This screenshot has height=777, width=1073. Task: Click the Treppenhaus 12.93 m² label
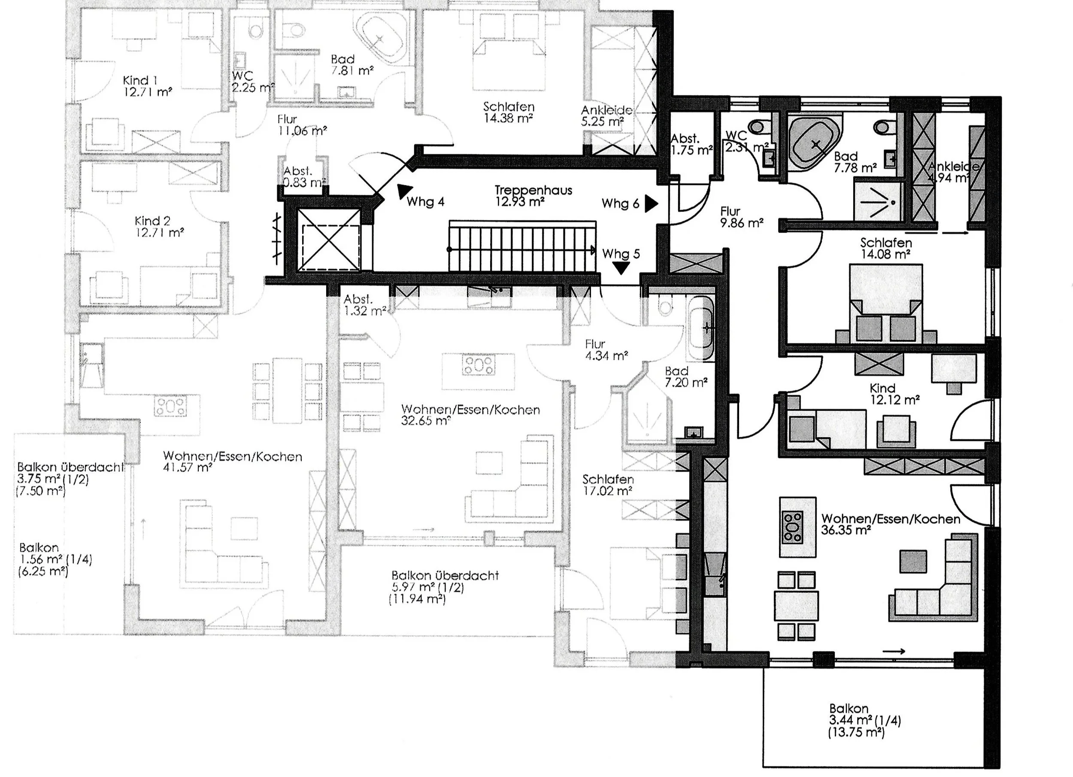click(x=533, y=196)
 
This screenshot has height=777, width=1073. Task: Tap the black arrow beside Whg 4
click(x=403, y=191)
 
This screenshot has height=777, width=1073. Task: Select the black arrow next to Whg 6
click(x=652, y=203)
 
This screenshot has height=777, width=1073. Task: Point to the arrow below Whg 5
click(x=621, y=268)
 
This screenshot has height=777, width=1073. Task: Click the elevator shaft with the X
click(x=328, y=240)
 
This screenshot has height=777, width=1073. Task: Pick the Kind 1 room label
click(x=147, y=86)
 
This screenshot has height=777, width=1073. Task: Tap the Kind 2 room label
click(x=159, y=226)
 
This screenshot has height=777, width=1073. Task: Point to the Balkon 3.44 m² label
click(x=864, y=720)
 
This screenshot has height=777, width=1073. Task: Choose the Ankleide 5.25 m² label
click(x=606, y=116)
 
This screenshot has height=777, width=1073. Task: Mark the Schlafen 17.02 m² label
click(x=608, y=485)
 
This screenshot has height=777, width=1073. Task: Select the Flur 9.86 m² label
click(x=741, y=217)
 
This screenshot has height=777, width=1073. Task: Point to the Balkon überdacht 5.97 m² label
click(x=445, y=587)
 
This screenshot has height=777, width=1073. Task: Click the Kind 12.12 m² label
click(x=894, y=394)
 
